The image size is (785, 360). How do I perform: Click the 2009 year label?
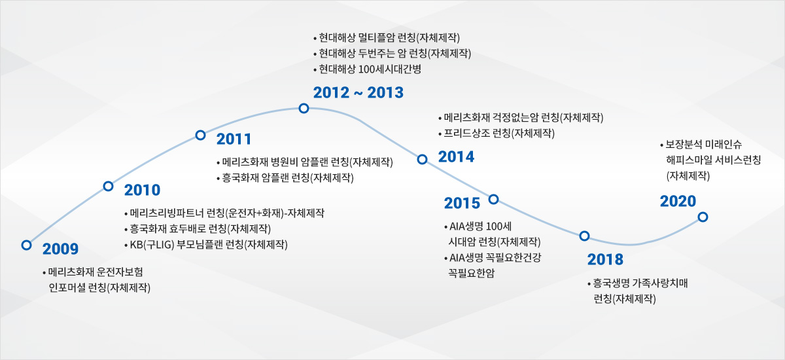coord(60,249)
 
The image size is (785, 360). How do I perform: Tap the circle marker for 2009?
coord(26,245)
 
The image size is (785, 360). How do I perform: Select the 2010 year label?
coord(142,190)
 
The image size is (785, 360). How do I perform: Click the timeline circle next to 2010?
coord(109,186)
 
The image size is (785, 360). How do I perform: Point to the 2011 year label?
coord(234,139)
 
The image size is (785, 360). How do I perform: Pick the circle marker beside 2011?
coord(200,135)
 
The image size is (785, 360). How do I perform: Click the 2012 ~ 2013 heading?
coord(358,92)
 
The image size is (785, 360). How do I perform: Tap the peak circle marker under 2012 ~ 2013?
coord(304,108)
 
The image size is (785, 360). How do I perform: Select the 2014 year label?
coord(456,156)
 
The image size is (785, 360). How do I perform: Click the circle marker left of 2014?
coord(423,160)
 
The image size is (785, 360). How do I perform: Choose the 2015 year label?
coord(462,204)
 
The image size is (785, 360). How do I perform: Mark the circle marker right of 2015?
coord(493,200)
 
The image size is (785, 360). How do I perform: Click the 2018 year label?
coord(605,260)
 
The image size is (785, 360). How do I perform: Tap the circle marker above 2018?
coord(584,236)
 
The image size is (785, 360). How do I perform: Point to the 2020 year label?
coord(678,201)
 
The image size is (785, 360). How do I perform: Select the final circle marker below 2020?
coord(703,217)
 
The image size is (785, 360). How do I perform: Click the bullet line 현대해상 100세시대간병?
coord(367,69)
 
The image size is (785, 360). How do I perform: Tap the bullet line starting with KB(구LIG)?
coord(206,245)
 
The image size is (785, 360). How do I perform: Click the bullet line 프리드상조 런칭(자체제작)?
coord(497,134)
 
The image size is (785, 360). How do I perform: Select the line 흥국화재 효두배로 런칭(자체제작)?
coord(198,229)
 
